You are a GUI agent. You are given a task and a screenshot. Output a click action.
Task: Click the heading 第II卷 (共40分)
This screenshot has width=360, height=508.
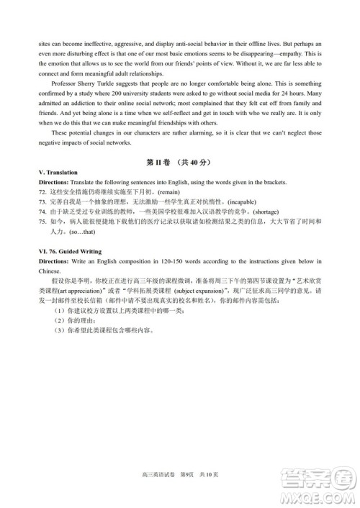point(179,163)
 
